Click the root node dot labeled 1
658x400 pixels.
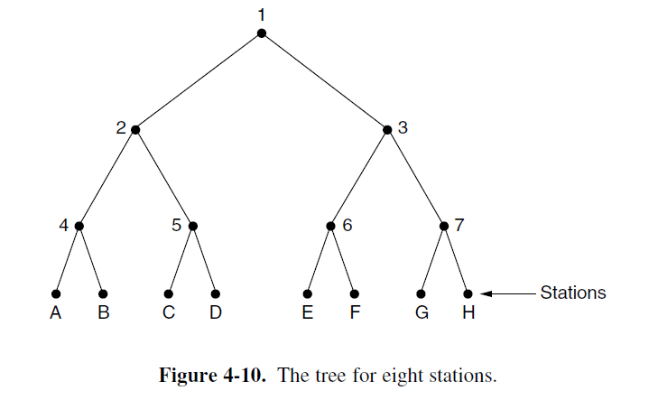pos(262,33)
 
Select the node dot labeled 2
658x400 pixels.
pos(135,129)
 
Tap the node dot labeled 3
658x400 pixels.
pos(388,129)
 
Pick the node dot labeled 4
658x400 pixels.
pos(79,225)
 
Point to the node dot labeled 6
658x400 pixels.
pos(331,225)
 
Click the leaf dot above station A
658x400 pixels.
pos(55,293)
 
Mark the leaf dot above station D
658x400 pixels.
pos(216,293)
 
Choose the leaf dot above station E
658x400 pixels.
pos(308,293)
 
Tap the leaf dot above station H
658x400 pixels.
pos(468,293)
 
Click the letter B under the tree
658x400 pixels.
pos(102,316)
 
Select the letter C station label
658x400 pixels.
pos(169,316)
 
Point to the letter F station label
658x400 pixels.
pos(355,316)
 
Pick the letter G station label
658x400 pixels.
pos(422,316)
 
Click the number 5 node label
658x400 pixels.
pos(177,224)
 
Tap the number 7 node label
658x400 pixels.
pos(459,224)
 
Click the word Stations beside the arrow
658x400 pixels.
pos(573,293)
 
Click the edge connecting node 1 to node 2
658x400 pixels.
pos(199,81)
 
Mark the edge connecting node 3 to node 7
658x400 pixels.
pos(416,177)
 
